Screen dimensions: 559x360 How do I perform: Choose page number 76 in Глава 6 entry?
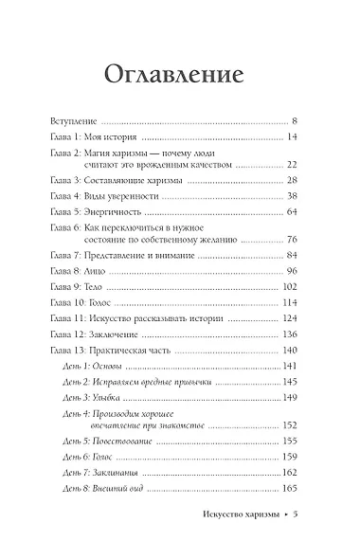pyautogui.click(x=291, y=240)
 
